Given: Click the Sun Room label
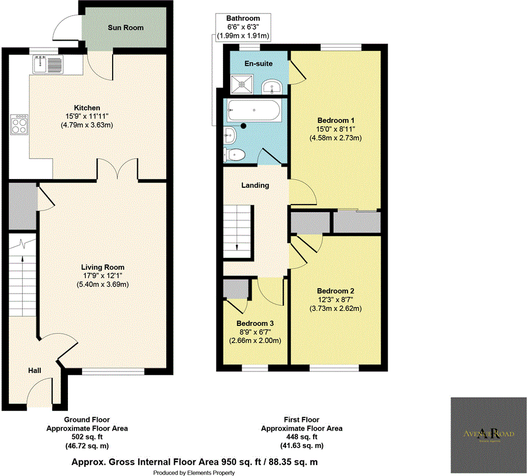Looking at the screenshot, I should pyautogui.click(x=125, y=27).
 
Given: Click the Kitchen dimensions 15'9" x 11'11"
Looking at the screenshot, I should pyautogui.click(x=87, y=116).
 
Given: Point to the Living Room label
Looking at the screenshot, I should pyautogui.click(x=104, y=267).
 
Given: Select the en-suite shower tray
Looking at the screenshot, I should pyautogui.click(x=239, y=85).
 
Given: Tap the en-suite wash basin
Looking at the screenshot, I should pyautogui.click(x=273, y=87).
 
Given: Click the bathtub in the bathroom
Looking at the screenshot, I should pyautogui.click(x=254, y=110).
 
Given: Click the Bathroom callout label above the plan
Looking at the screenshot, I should pyautogui.click(x=243, y=19).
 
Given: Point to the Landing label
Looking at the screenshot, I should pyautogui.click(x=255, y=185).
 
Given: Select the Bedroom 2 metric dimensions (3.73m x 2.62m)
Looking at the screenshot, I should pyautogui.click(x=335, y=308).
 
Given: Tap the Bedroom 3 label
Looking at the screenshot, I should pyautogui.click(x=255, y=323).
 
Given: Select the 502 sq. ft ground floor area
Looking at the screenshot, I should pyautogui.click(x=87, y=437).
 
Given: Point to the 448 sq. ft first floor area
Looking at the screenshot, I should pyautogui.click(x=302, y=437).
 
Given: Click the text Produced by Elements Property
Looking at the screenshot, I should pyautogui.click(x=194, y=473).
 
